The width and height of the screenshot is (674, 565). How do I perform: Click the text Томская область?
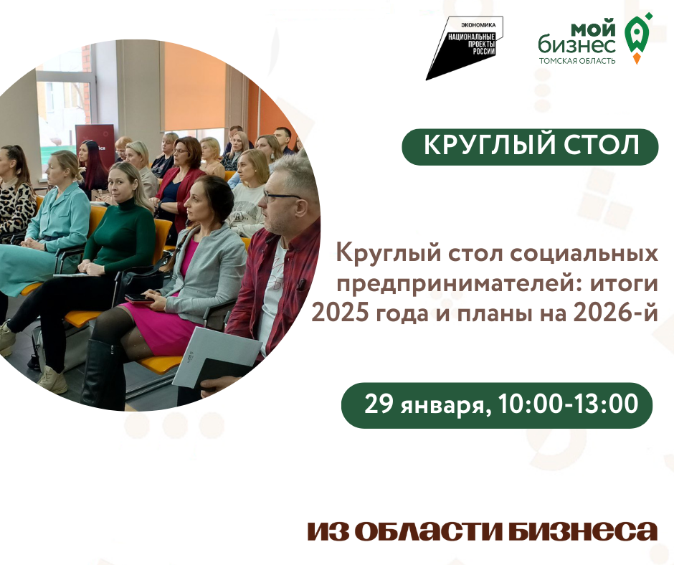click(x=576, y=61)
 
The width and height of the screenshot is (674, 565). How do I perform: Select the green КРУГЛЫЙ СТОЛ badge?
click(x=530, y=146)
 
